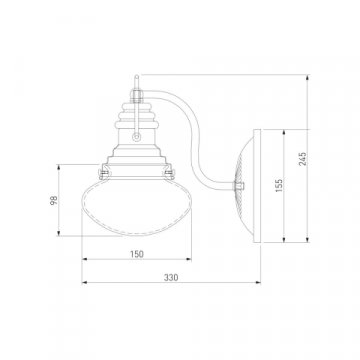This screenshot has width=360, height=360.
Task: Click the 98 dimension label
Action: (54, 200)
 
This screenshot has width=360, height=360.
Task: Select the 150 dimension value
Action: (137, 254)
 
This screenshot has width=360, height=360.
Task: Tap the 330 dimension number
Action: (171, 278)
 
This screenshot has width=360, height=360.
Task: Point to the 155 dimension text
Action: (279, 185)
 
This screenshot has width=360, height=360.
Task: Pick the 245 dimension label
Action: (303, 159)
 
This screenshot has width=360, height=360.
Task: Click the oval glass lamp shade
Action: (137, 207)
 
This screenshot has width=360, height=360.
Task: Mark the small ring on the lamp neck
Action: (136, 136)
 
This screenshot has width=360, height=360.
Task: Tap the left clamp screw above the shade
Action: (103, 172)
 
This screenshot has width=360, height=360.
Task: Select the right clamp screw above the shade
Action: (170, 172)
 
